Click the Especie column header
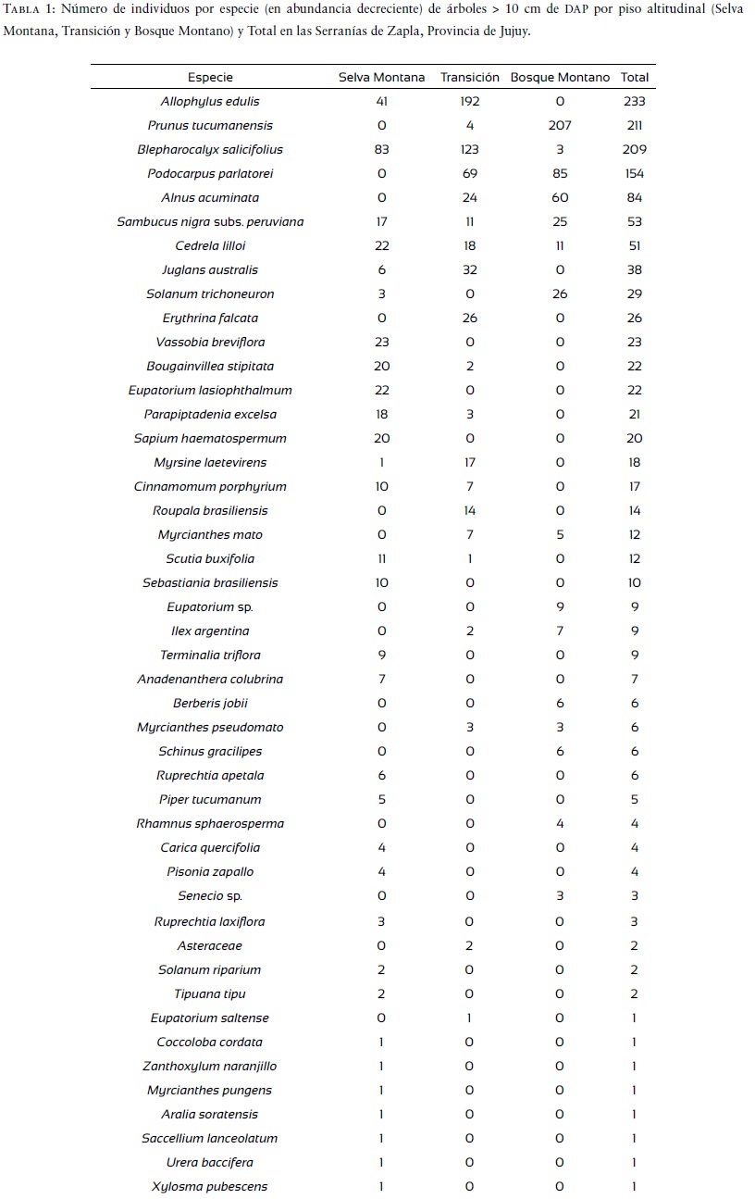pyautogui.click(x=210, y=78)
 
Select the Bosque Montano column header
pyautogui.click(x=560, y=78)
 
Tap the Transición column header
pyautogui.click(x=469, y=78)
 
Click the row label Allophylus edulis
pyautogui.click(x=210, y=102)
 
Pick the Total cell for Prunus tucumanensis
pyautogui.click(x=634, y=126)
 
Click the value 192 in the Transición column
pyautogui.click(x=469, y=102)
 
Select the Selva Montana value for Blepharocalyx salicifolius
pyautogui.click(x=381, y=150)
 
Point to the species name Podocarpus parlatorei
pyautogui.click(x=210, y=174)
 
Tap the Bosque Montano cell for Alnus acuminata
pyautogui.click(x=560, y=198)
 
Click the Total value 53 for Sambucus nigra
pyautogui.click(x=634, y=222)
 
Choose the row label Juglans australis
pyautogui.click(x=210, y=270)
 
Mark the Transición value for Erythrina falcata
pyautogui.click(x=469, y=318)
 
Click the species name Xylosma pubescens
pyautogui.click(x=210, y=1187)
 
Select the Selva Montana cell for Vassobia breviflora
pyautogui.click(x=381, y=343)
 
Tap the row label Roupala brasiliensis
pyautogui.click(x=210, y=511)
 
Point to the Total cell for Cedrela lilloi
pyautogui.click(x=634, y=246)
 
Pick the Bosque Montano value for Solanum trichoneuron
pyautogui.click(x=560, y=294)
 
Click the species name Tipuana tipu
pyautogui.click(x=210, y=994)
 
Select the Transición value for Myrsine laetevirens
pyautogui.click(x=469, y=463)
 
